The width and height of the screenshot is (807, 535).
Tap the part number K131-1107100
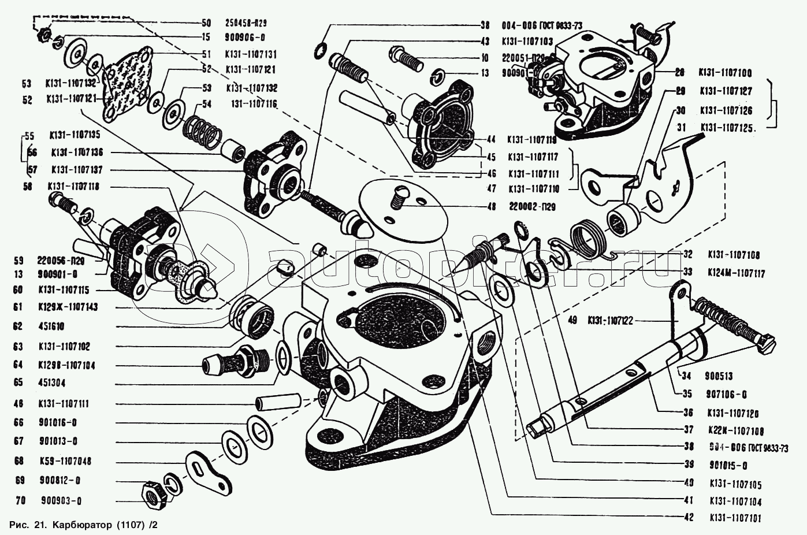point(725,73)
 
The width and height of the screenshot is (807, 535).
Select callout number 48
point(492,206)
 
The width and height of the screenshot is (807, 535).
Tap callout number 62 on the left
point(18,326)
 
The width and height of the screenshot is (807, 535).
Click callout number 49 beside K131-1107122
point(572,320)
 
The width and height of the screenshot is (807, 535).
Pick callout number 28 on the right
point(679,73)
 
